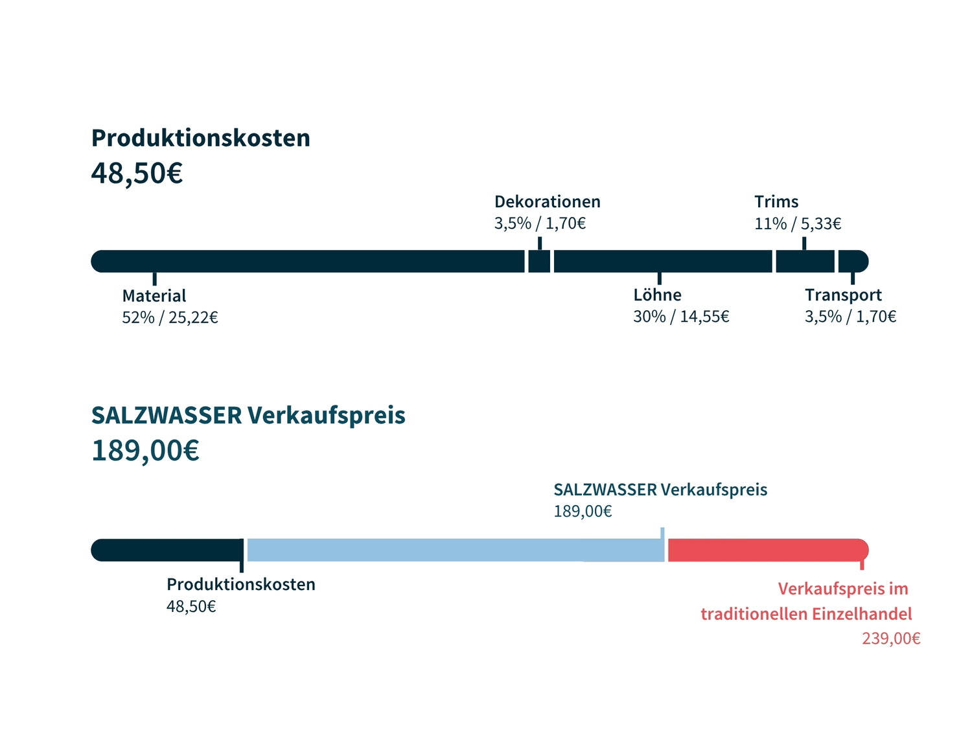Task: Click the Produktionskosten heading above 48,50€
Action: pyautogui.click(x=200, y=138)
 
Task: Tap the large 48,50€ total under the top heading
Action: pyautogui.click(x=137, y=173)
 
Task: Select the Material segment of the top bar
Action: pyautogui.click(x=308, y=261)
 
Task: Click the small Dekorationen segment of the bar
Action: pyautogui.click(x=539, y=261)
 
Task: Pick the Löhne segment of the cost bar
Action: pyautogui.click(x=662, y=261)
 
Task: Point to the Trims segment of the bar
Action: pyautogui.click(x=805, y=261)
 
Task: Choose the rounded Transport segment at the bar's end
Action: pyautogui.click(x=852, y=261)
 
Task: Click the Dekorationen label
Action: pyautogui.click(x=547, y=201)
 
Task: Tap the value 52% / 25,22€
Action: pyautogui.click(x=170, y=317)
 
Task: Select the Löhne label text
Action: pyautogui.click(x=657, y=295)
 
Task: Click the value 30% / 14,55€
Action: pyautogui.click(x=681, y=317)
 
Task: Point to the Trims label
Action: pyautogui.click(x=776, y=201)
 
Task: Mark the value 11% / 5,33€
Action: pyautogui.click(x=798, y=223)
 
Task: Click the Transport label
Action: pyautogui.click(x=843, y=295)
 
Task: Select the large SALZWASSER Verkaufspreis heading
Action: pyautogui.click(x=248, y=415)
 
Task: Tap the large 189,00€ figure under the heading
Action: pyautogui.click(x=145, y=451)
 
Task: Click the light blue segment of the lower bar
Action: pyautogui.click(x=454, y=550)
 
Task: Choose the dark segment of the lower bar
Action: pyautogui.click(x=167, y=550)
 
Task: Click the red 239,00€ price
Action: pyautogui.click(x=891, y=639)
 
